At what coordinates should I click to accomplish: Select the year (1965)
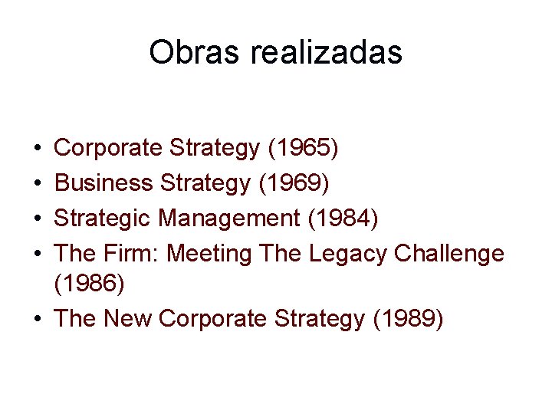(x=303, y=147)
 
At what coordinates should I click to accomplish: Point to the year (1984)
(x=343, y=218)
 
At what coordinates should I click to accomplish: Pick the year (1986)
(x=89, y=283)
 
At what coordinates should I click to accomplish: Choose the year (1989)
(x=407, y=318)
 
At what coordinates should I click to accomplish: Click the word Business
(x=104, y=182)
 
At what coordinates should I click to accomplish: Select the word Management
(x=229, y=218)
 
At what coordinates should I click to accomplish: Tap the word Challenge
(x=449, y=253)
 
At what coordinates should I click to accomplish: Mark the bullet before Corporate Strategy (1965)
(x=38, y=148)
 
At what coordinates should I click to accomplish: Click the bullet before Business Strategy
(x=38, y=183)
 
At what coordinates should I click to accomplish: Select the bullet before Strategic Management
(x=38, y=219)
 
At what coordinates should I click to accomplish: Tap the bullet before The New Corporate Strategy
(x=38, y=319)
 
